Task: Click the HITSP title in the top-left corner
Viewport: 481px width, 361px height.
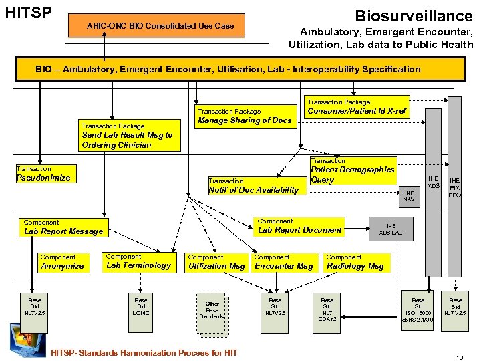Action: pyautogui.click(x=27, y=13)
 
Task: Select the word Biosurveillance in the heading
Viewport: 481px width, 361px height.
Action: pyautogui.click(x=414, y=15)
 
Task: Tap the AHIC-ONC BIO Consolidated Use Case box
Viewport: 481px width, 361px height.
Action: pyautogui.click(x=160, y=26)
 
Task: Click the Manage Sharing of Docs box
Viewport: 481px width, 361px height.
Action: pyautogui.click(x=245, y=116)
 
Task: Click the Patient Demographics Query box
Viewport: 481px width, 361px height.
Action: pyautogui.click(x=352, y=170)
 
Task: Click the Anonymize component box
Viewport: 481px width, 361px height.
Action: pyautogui.click(x=64, y=262)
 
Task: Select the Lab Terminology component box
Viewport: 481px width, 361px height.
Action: pyautogui.click(x=139, y=261)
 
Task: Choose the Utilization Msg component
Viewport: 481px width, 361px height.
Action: pyautogui.click(x=216, y=262)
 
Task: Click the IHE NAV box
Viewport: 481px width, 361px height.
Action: pyautogui.click(x=409, y=196)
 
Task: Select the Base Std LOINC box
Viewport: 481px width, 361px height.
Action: pyautogui.click(x=141, y=307)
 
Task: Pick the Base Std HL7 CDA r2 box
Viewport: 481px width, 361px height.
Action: pyautogui.click(x=327, y=310)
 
